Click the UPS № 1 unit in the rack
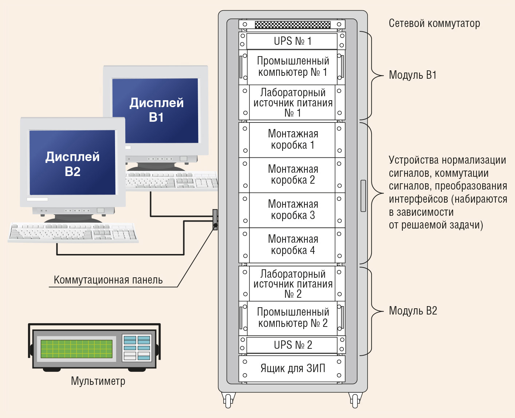coord(292,41)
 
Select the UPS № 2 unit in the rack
coord(292,345)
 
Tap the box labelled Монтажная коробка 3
coord(292,210)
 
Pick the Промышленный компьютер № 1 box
coord(292,67)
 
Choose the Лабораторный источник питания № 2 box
coord(292,284)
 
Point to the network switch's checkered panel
coord(292,24)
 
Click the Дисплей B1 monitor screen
coord(155,110)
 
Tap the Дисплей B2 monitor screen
coord(72,162)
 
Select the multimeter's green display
coord(76,349)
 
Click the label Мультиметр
coord(98,381)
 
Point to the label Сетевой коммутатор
coord(434,24)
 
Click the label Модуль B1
coord(413,75)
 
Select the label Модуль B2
coord(413,311)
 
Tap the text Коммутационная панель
coord(108,280)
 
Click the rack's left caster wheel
coord(228,401)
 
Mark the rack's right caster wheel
coord(355,401)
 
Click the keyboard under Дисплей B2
coord(73,232)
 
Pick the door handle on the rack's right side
coord(363,196)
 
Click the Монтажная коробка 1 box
coord(292,140)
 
